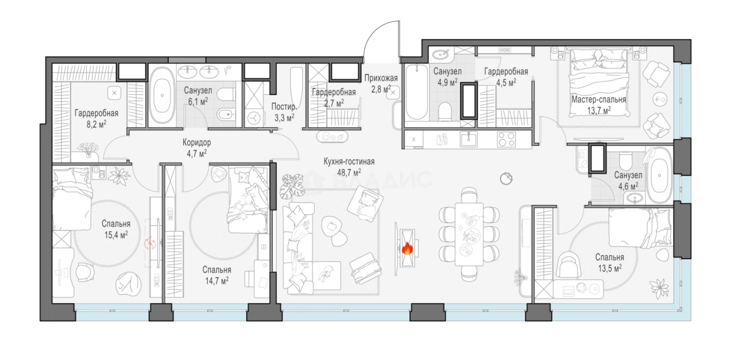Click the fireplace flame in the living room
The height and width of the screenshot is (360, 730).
[407, 249]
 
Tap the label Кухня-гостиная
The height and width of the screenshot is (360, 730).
[349, 161]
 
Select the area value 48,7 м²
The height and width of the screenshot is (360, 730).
[349, 172]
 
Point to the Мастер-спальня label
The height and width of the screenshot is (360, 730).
[598, 100]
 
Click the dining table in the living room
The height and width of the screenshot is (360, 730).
[469, 234]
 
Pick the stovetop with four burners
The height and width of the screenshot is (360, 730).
[506, 139]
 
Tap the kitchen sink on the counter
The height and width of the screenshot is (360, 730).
[469, 139]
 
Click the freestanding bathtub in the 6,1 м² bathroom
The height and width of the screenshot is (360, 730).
[162, 95]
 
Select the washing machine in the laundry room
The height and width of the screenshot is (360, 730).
[254, 118]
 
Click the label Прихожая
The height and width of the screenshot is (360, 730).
[381, 78]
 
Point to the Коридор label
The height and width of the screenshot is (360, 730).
[197, 143]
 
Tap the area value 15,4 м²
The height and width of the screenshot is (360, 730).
[116, 234]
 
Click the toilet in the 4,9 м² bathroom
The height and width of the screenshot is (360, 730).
[444, 111]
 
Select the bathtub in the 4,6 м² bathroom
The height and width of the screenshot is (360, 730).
[660, 176]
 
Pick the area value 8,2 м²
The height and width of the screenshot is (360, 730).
[97, 124]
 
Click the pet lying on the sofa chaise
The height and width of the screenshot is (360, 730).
[326, 273]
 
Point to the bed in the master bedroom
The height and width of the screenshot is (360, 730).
[598, 83]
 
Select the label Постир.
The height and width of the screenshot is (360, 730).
[284, 107]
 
